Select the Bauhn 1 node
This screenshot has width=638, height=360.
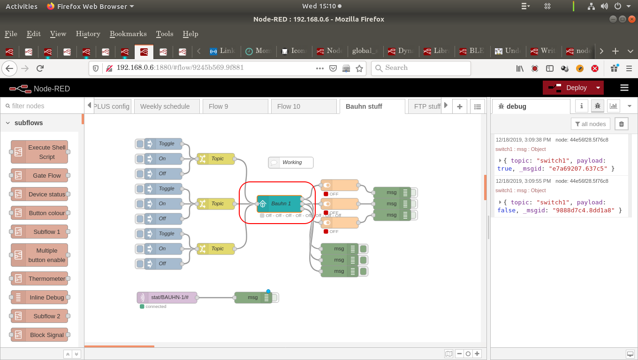pyautogui.click(x=280, y=203)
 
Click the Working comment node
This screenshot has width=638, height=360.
pyautogui.click(x=291, y=163)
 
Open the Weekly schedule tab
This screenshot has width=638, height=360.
pyautogui.click(x=165, y=106)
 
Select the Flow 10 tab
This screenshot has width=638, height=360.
pyautogui.click(x=289, y=106)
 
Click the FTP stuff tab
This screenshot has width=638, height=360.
pyautogui.click(x=426, y=106)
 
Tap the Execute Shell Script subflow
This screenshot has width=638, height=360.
pyautogui.click(x=39, y=152)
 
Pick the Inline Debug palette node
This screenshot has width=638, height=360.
pyautogui.click(x=39, y=297)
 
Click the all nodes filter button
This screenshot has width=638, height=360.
pyautogui.click(x=591, y=124)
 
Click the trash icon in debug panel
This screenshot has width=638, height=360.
pyautogui.click(x=622, y=124)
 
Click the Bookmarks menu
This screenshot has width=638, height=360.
pyautogui.click(x=128, y=34)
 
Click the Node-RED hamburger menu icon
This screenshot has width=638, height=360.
pyautogui.click(x=624, y=88)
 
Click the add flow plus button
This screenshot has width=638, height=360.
pyautogui.click(x=460, y=106)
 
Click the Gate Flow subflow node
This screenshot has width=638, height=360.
pyautogui.click(x=39, y=175)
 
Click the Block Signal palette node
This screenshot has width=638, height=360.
pyautogui.click(x=39, y=335)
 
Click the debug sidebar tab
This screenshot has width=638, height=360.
pyautogui.click(x=530, y=106)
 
